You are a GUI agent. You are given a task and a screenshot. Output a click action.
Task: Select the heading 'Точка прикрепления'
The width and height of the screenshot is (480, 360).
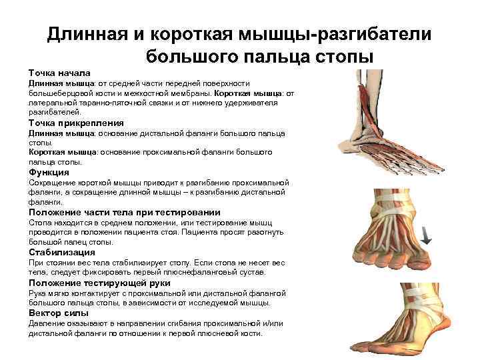76,123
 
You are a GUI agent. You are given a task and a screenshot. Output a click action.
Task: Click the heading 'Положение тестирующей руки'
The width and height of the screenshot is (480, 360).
99,283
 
